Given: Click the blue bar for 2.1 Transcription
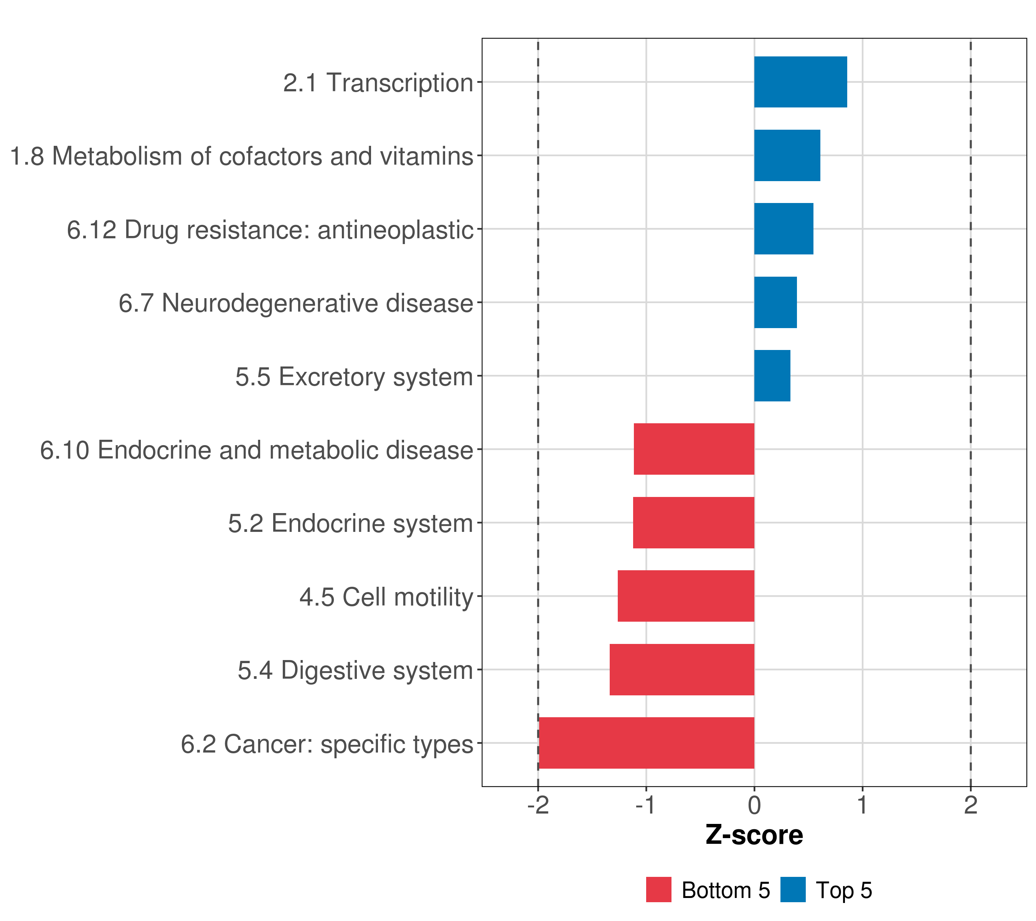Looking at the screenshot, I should coord(800,82).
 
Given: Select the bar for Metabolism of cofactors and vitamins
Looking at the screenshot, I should coord(787,156).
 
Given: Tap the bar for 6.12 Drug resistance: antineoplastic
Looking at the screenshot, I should coord(784,229).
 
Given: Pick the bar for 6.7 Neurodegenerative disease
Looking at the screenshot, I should coord(775,303).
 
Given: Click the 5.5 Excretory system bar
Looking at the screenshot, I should coord(772,376).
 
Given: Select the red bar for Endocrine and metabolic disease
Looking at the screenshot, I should coord(694,449).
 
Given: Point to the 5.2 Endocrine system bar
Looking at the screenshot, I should coord(693,523).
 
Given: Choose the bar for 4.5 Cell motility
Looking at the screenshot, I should coord(686,596).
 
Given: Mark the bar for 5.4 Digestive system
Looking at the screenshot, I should coord(682,670).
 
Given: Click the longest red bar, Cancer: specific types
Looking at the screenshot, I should coord(646,743).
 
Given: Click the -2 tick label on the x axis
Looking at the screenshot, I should coord(538,805).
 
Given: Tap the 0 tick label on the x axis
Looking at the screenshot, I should coord(754,805).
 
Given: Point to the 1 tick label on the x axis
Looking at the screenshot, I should coord(862,805).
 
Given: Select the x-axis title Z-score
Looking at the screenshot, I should coord(754,835).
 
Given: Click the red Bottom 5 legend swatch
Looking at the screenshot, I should coord(658,890).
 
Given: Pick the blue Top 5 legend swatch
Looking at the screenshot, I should coord(793,890).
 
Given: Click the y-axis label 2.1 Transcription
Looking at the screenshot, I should coord(378,83).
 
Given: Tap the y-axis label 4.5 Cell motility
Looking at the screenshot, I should coord(386,597).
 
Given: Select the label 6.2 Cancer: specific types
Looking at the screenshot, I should coord(327,744).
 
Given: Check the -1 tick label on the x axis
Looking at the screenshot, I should coord(646,805).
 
